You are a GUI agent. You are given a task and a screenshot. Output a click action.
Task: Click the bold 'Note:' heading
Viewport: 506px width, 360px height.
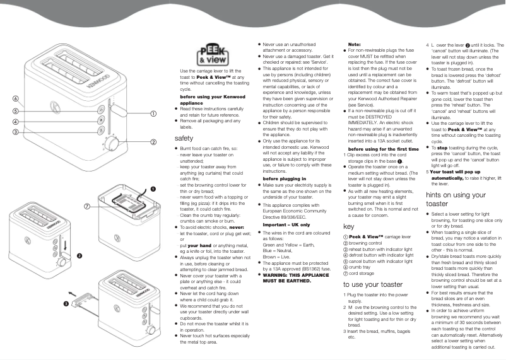pos(355,44)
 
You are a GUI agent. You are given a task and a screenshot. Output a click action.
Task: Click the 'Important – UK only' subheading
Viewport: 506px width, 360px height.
pos(286,224)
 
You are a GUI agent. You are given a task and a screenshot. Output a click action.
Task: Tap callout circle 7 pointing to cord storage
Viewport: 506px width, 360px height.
pos(86,189)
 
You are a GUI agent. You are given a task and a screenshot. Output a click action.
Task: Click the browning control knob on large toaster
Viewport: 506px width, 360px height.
pos(112,146)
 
